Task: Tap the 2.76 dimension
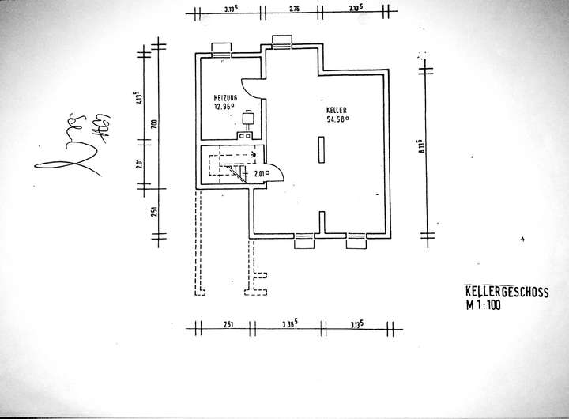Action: (x=294, y=9)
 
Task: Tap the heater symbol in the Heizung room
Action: (x=247, y=120)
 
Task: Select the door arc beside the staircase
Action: (x=273, y=173)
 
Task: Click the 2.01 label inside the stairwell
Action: (x=259, y=174)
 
